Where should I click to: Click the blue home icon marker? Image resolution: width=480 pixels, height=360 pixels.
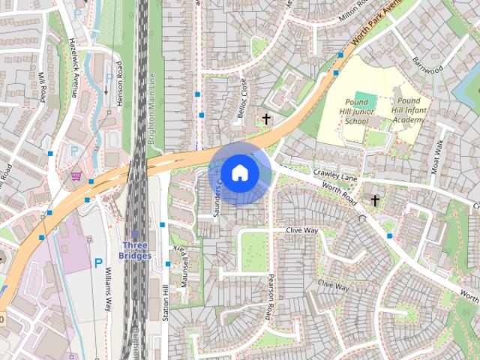(x=239, y=172)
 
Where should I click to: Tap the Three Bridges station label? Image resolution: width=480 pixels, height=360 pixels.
(x=136, y=250)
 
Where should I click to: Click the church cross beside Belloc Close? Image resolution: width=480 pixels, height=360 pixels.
(x=266, y=119)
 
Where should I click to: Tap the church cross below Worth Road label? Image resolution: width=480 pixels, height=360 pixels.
(x=375, y=200)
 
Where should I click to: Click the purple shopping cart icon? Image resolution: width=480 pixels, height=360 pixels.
(x=76, y=175)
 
